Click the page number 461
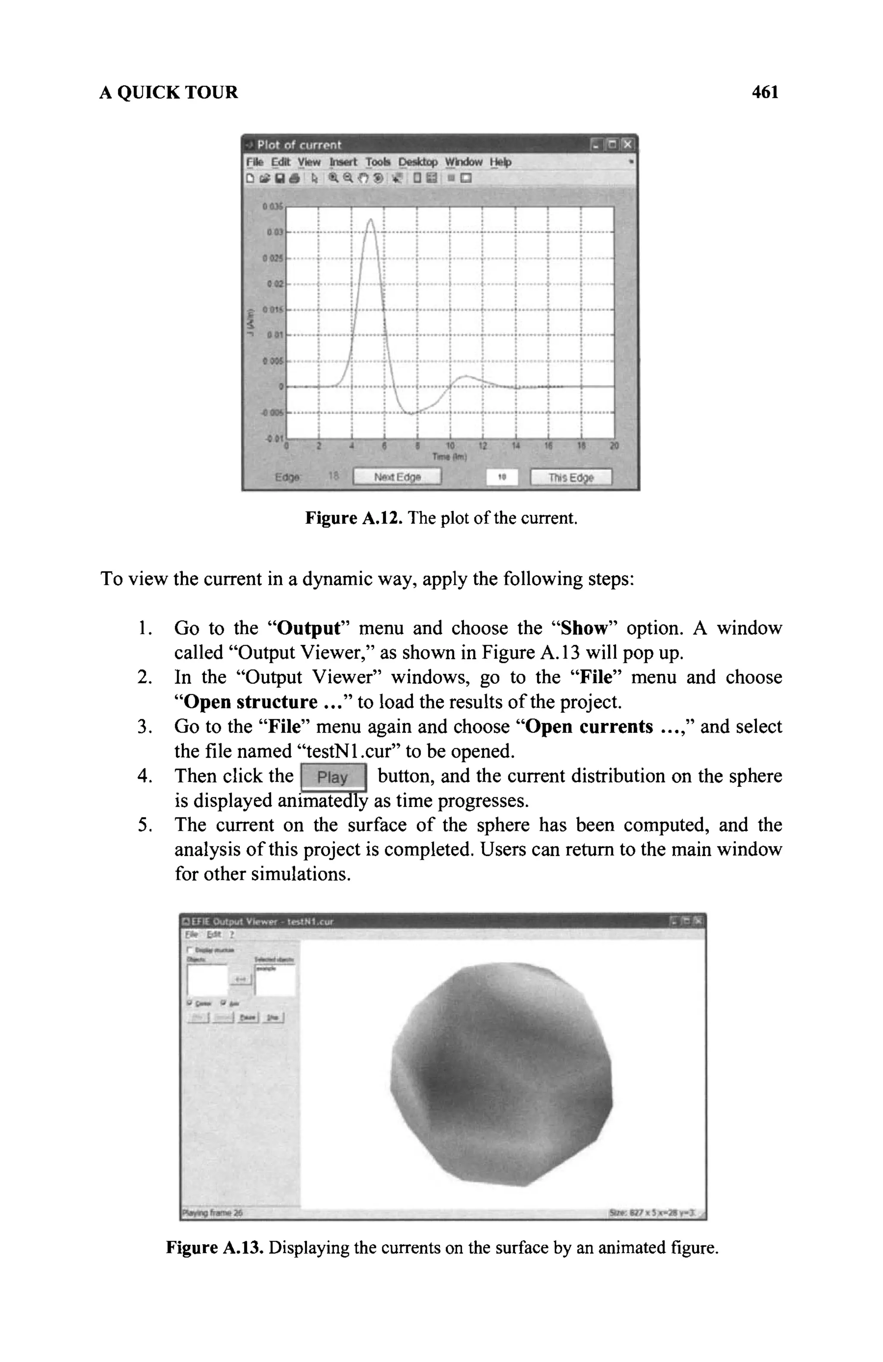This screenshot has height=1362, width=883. pyautogui.click(x=764, y=92)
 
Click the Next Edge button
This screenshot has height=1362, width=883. pyautogui.click(x=397, y=477)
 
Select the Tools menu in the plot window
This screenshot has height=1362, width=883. pyautogui.click(x=377, y=163)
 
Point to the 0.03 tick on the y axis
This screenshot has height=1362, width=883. pyautogui.click(x=275, y=233)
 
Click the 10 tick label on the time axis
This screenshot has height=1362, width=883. pyautogui.click(x=450, y=446)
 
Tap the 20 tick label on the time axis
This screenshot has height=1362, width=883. pyautogui.click(x=614, y=446)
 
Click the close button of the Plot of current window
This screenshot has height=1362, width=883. pyautogui.click(x=628, y=145)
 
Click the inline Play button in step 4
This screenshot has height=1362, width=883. pyautogui.click(x=333, y=777)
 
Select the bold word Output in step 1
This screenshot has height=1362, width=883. pyautogui.click(x=308, y=628)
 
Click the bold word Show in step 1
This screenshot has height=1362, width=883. pyautogui.click(x=583, y=628)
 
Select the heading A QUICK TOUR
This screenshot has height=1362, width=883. pyautogui.click(x=169, y=92)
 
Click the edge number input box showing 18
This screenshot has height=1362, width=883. pyautogui.click(x=501, y=477)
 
